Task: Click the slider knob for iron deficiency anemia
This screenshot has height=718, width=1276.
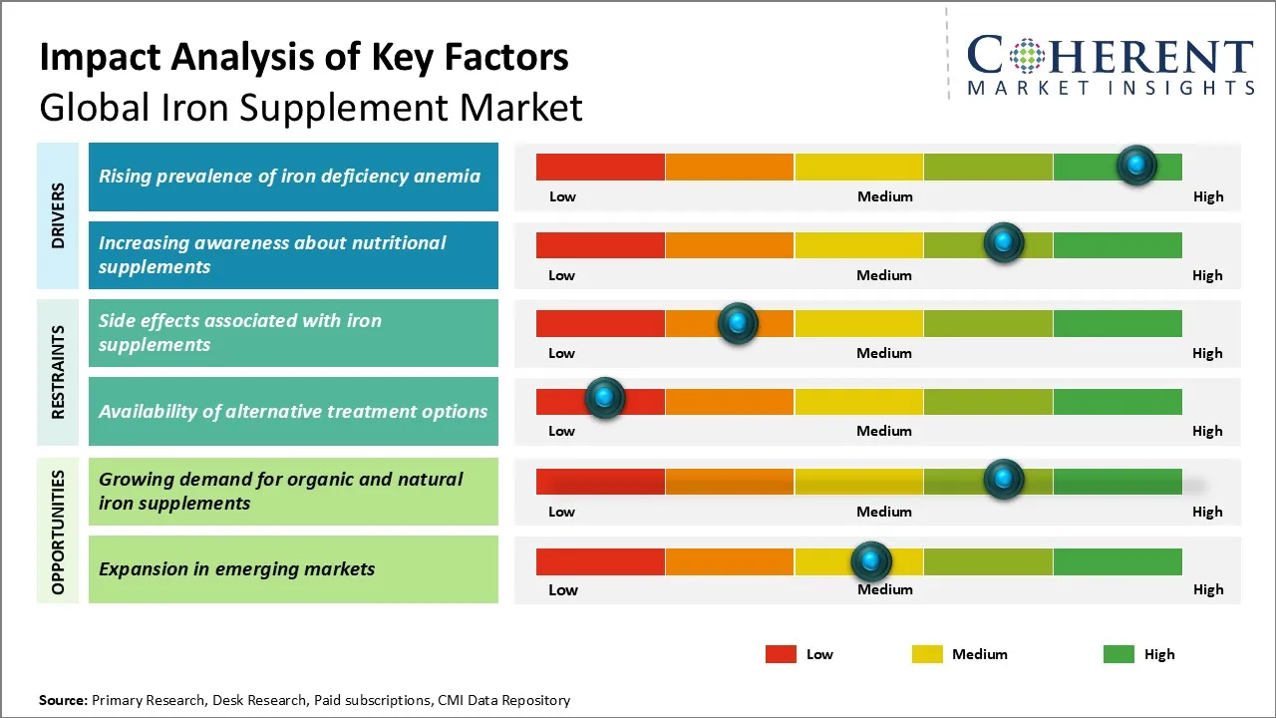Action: click(1136, 165)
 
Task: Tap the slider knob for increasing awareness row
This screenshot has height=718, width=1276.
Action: click(1004, 242)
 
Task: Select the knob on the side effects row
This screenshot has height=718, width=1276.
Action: click(738, 322)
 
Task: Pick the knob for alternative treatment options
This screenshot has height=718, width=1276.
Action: click(604, 398)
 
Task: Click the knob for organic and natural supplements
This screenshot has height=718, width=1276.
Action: click(1004, 479)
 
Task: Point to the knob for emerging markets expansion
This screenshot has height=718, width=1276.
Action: click(871, 561)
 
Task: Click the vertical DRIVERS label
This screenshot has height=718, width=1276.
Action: click(58, 215)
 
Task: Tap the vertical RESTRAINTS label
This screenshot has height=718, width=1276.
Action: click(58, 371)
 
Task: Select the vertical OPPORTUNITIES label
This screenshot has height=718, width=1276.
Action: click(58, 532)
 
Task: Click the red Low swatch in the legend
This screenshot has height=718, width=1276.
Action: click(781, 654)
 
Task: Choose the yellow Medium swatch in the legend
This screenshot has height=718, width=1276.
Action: click(927, 654)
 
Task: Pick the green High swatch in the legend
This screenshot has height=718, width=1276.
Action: click(1118, 654)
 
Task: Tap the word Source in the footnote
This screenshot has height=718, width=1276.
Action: click(63, 700)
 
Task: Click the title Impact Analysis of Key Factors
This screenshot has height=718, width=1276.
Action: click(304, 57)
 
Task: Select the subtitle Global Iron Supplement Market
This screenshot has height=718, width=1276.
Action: click(311, 107)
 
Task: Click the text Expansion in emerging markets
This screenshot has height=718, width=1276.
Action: click(237, 569)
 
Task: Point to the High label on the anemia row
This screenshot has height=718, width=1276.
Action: click(1208, 196)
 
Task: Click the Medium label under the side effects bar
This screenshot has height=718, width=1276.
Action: click(884, 353)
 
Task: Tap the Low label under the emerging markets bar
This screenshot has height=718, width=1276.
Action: click(562, 589)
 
